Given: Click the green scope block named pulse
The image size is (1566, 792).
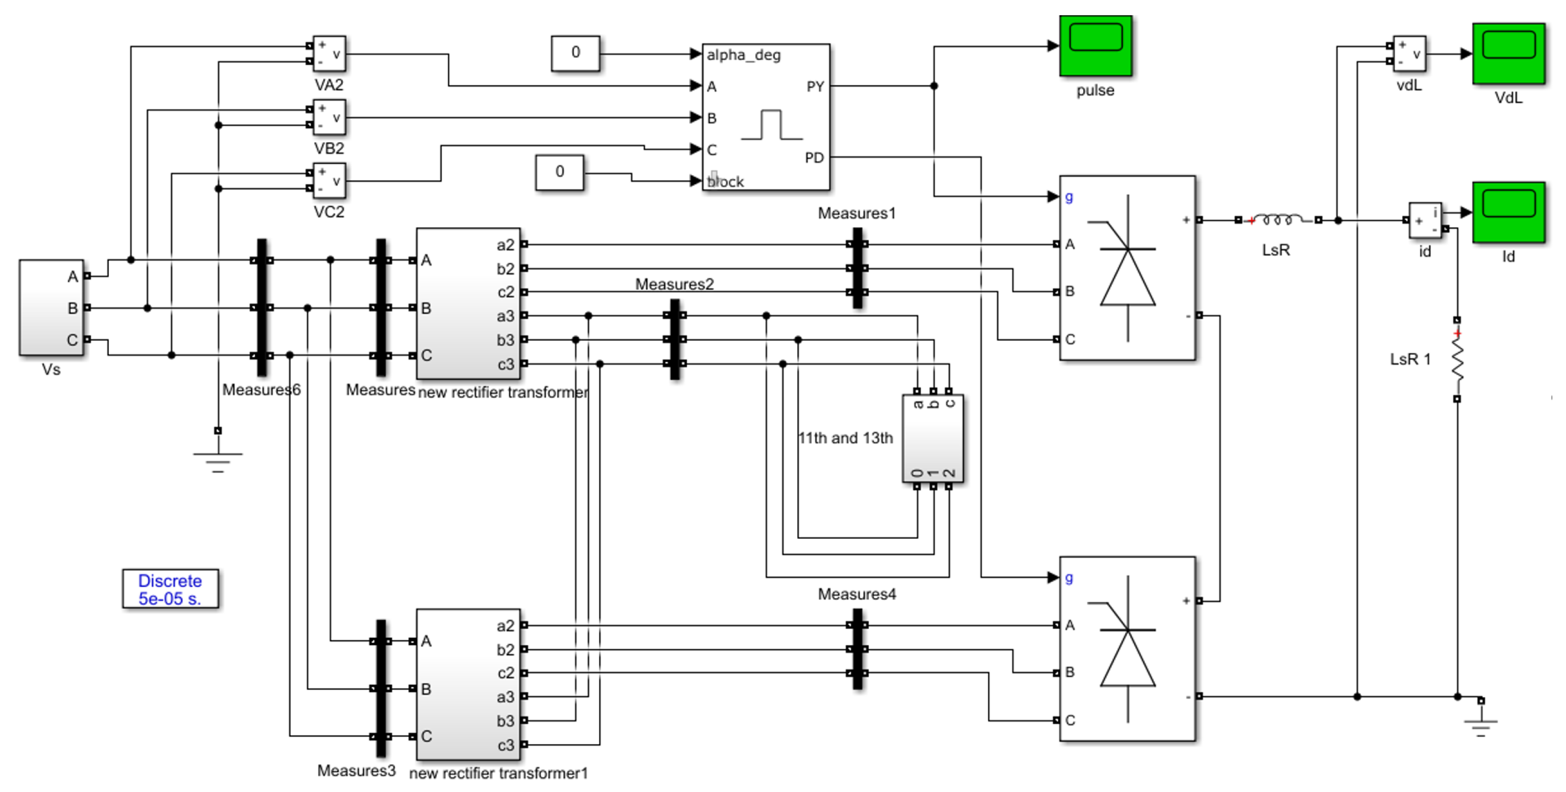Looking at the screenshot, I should click(1095, 46).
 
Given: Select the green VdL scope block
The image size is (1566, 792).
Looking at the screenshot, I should click(1508, 54).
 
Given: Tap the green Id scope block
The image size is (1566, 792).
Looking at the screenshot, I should click(1508, 212).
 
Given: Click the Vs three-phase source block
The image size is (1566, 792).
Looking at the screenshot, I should click(51, 307).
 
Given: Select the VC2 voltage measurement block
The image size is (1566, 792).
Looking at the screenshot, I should click(329, 180).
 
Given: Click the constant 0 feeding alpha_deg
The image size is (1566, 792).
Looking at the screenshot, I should click(575, 53).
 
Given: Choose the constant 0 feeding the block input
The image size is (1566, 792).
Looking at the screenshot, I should click(559, 172).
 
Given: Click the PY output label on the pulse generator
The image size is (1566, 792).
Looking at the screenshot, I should click(815, 87).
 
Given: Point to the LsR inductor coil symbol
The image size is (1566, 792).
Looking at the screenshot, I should click(1277, 219).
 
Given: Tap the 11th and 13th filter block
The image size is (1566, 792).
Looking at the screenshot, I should click(933, 438).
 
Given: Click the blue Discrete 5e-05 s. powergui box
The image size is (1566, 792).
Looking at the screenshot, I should click(170, 589).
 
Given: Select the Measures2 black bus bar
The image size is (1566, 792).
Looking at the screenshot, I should click(675, 339).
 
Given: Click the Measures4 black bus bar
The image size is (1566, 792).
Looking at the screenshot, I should click(857, 649).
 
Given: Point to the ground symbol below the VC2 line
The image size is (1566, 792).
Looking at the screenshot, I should click(217, 459).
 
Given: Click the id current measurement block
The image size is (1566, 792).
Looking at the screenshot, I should click(1425, 220).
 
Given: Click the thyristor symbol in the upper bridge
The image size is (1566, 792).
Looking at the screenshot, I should click(1128, 268).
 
